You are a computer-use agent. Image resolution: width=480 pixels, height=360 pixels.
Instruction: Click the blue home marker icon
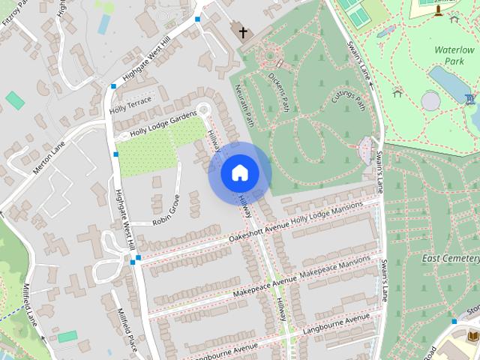[x=240, y=173]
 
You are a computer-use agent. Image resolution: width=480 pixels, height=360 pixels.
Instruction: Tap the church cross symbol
[x=241, y=32]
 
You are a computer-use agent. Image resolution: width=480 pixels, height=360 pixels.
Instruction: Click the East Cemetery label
[x=450, y=259]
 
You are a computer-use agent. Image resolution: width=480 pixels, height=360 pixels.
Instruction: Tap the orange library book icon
[x=472, y=335]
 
